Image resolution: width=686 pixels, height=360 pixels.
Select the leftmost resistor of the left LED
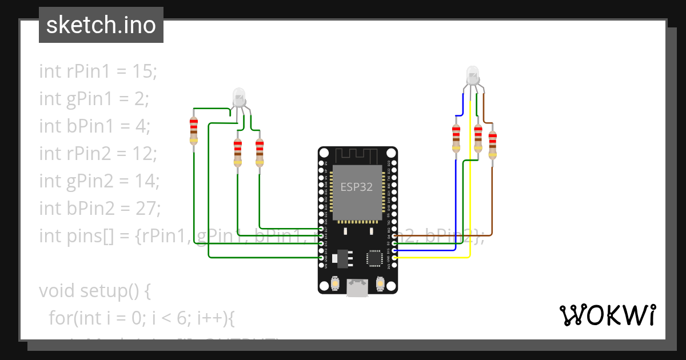click(x=194, y=131)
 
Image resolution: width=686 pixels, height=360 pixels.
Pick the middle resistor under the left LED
click(x=238, y=153)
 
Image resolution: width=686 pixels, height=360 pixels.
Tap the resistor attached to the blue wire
click(x=456, y=139)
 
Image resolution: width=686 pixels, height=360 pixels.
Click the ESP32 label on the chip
click(x=357, y=187)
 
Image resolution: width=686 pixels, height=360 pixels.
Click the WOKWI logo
click(x=607, y=315)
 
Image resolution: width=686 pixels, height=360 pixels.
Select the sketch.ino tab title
click(x=101, y=25)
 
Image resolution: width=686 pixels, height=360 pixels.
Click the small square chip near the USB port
click(x=374, y=258)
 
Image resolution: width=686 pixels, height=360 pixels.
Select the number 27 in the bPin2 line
click(x=147, y=209)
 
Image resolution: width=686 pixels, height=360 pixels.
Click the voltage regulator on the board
click(x=344, y=258)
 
